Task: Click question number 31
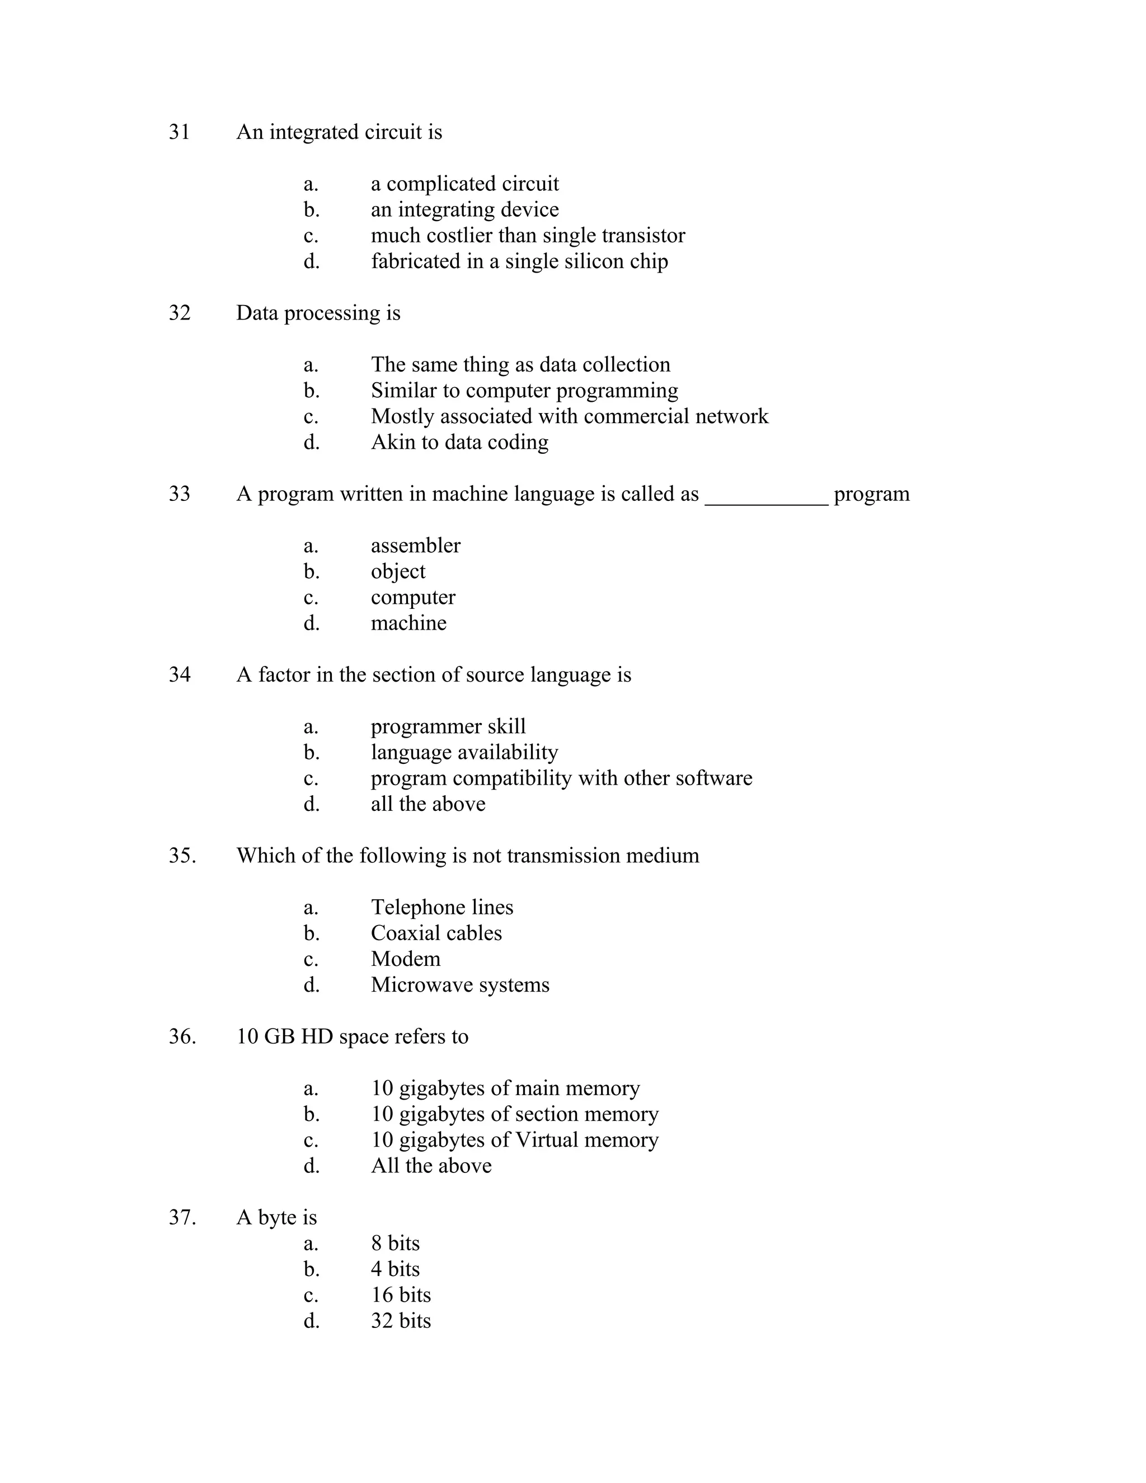pos(179,132)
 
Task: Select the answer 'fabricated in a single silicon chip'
pos(519,261)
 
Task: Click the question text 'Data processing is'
pos(318,313)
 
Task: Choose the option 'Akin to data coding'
pos(459,443)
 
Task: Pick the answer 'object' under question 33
pos(398,572)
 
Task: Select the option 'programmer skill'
pos(448,726)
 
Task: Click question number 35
pos(182,856)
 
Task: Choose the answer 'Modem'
pos(405,959)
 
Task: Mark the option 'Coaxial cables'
pos(436,933)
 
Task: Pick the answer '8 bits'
pos(395,1243)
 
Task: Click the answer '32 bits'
pos(401,1321)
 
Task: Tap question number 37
pos(182,1218)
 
